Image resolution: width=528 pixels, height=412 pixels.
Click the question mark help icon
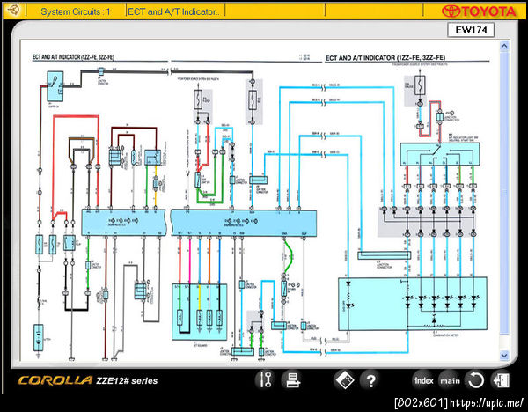click(x=370, y=381)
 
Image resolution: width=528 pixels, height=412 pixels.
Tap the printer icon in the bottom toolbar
click(x=291, y=381)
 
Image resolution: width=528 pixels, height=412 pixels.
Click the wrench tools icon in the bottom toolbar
click(x=265, y=381)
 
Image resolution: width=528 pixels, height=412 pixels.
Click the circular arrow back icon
click(x=475, y=381)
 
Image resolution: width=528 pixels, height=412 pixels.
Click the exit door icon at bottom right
click(x=502, y=381)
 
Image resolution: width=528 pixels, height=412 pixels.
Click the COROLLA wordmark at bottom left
click(x=53, y=381)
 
